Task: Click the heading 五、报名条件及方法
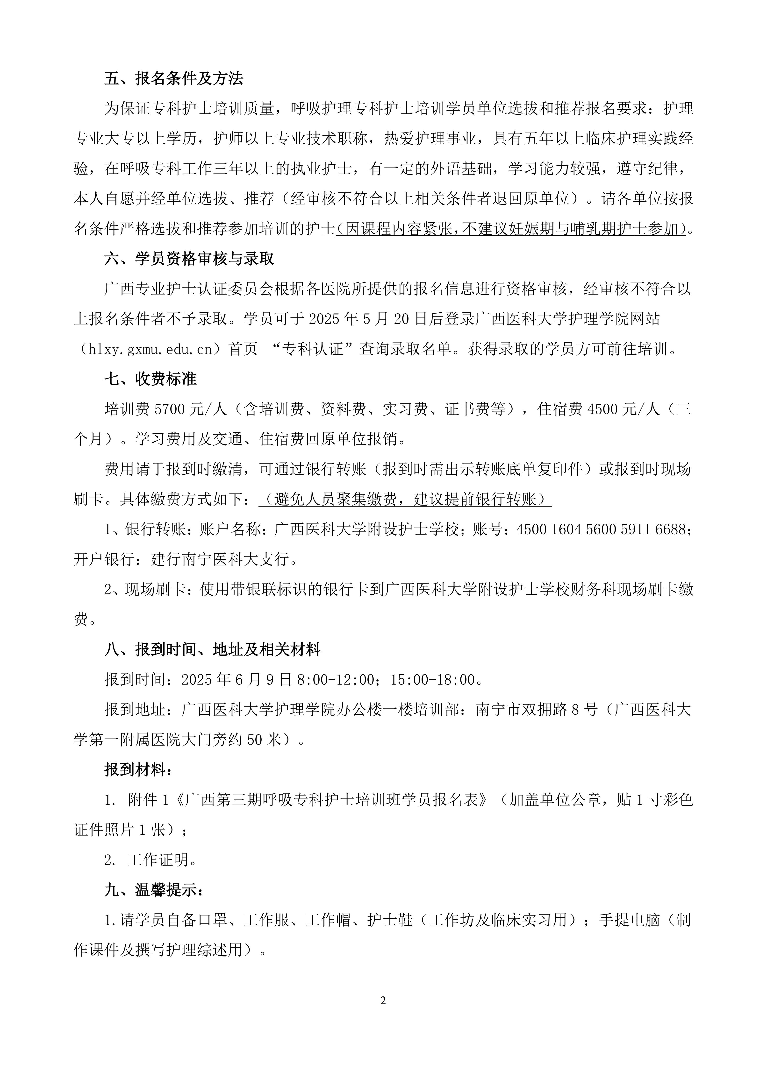pyautogui.click(x=173, y=78)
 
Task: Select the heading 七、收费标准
pyautogui.click(x=150, y=379)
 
